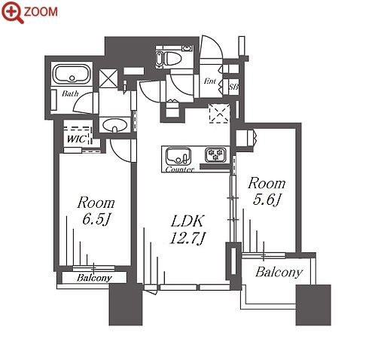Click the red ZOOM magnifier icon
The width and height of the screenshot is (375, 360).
point(12,12)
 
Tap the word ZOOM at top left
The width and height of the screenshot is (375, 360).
point(41,12)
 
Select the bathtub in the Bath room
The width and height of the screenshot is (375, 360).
point(72,73)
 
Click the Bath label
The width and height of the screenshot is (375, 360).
point(70,93)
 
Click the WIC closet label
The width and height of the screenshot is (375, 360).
point(77,139)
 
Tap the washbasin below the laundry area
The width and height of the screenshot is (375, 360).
point(115,125)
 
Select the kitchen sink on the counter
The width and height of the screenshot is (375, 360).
point(178,155)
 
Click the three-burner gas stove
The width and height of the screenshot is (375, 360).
point(215,154)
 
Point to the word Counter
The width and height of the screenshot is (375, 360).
point(180,169)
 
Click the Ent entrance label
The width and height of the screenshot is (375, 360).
point(210,81)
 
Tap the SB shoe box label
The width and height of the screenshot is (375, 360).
point(233,87)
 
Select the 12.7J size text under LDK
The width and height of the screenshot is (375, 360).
point(187,238)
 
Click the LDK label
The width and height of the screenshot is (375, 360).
point(187,221)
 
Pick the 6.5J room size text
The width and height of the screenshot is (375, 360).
point(96,220)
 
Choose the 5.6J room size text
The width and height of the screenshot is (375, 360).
point(267,200)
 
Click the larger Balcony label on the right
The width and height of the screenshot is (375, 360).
point(279,273)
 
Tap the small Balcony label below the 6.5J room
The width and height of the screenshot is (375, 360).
point(94,278)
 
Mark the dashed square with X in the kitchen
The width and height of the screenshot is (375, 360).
point(219,114)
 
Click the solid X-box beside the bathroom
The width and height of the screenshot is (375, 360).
point(108,78)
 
